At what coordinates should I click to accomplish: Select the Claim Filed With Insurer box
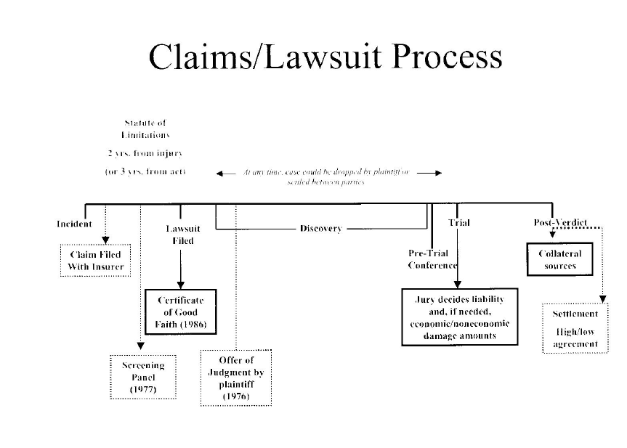coord(95,261)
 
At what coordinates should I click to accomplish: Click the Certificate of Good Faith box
coord(180,312)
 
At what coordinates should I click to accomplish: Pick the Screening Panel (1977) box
coord(143,377)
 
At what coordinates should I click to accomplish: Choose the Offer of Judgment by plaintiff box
coord(235,378)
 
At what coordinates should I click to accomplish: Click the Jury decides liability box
coord(459,317)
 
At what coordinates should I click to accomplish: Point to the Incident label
coord(74,224)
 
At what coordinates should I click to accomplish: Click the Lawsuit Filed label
coord(183,235)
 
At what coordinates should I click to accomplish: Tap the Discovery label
coord(320,229)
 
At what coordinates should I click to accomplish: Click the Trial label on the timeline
coord(458,223)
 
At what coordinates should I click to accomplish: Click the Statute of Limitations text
coord(145,129)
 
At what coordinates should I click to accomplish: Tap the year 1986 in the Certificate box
coord(194,324)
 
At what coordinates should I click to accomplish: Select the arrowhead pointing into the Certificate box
coord(180,286)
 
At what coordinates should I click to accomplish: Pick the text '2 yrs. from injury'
coord(145,153)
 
